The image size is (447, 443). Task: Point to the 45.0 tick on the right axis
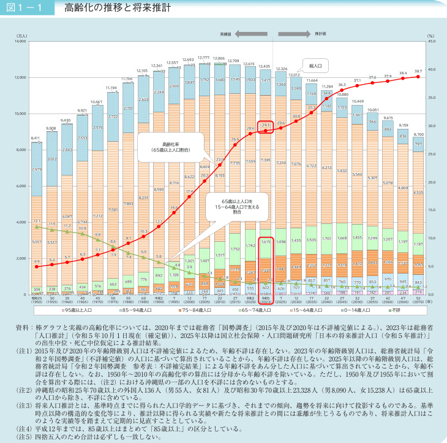point(430,42)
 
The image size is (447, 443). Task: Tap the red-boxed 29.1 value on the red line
point(265,125)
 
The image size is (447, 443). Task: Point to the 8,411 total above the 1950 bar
point(36,138)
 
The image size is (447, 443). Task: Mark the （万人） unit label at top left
point(21,36)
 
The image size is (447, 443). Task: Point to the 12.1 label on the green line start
point(37,220)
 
